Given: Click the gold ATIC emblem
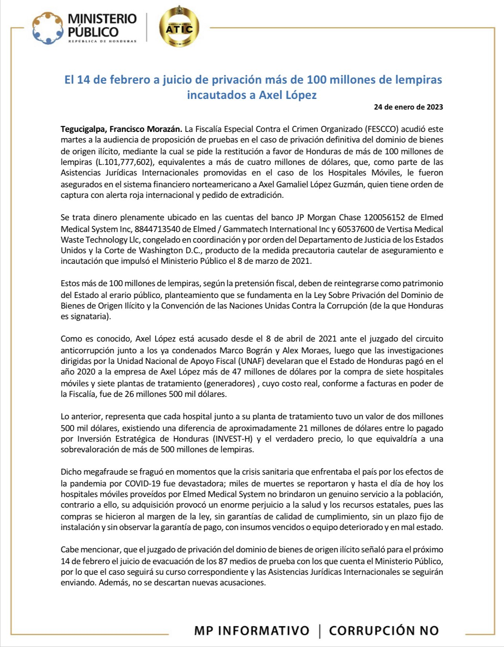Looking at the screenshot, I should [x=179, y=28].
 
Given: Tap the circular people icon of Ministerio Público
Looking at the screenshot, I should [x=47, y=28].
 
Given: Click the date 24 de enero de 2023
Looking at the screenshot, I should [x=408, y=107].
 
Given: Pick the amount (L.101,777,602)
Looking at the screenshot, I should [x=123, y=162].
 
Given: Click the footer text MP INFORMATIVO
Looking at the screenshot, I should [x=252, y=631].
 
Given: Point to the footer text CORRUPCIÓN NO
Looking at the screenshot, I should [x=383, y=631].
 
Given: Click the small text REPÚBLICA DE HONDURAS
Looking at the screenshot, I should [x=102, y=41].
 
